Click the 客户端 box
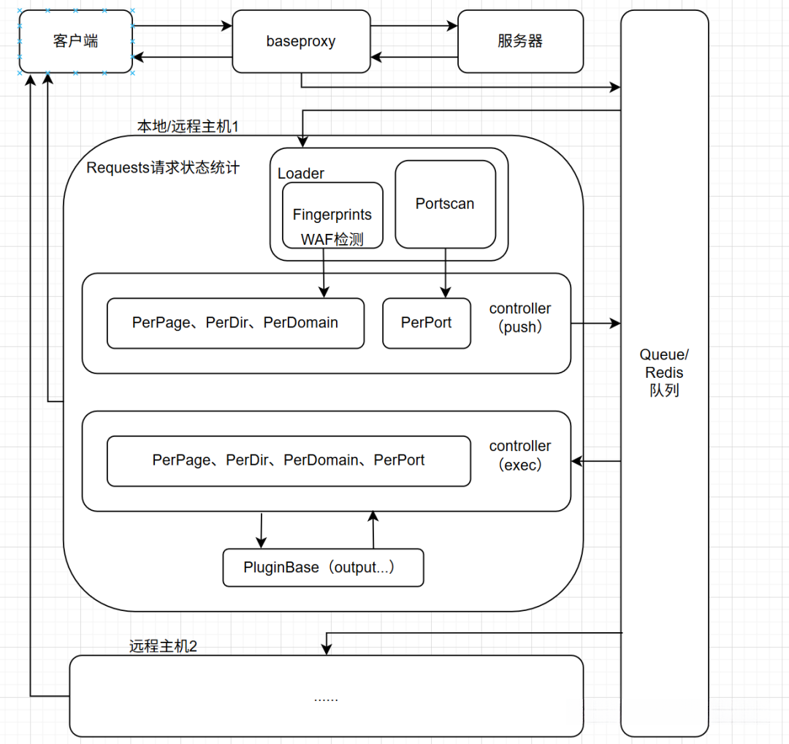coord(76,41)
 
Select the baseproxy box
coord(301,41)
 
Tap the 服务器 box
coord(520,41)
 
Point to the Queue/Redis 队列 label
coord(664,373)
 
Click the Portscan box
coord(445,204)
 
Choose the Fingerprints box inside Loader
coord(332,215)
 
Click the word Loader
coord(301,173)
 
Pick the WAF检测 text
coord(332,239)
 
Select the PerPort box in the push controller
coord(427,322)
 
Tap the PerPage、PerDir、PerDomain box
coord(235,322)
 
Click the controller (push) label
coord(520,318)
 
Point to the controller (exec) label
coord(520,455)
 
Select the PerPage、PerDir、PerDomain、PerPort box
coord(289,460)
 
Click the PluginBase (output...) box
coord(323,568)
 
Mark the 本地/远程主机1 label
coord(188,126)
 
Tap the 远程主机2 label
coord(163,646)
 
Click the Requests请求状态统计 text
coord(163,168)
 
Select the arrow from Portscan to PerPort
coord(445,273)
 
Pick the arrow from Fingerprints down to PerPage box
coord(324,273)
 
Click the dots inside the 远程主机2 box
coord(326,699)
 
